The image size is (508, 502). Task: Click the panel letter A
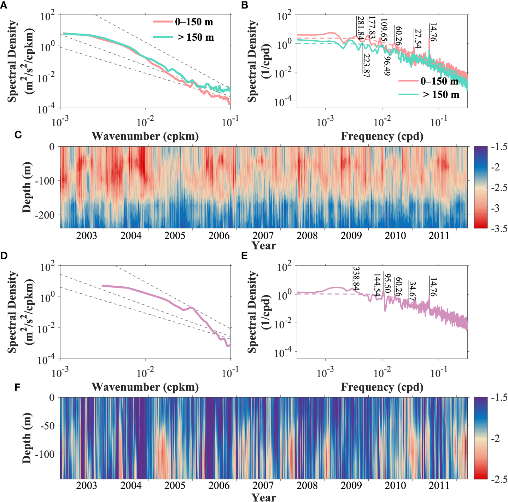point(4,5)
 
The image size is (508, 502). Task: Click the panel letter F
point(17,387)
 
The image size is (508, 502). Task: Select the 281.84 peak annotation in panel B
point(361,28)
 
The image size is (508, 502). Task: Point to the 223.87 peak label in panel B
point(366,65)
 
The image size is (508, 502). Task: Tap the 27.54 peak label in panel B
point(418,39)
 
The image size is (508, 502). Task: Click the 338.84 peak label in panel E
point(356,279)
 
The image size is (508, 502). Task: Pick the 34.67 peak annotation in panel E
point(412,291)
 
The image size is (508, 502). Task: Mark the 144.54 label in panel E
point(377,285)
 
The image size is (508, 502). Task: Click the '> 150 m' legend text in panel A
point(195,37)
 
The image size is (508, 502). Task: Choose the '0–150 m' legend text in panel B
point(439,81)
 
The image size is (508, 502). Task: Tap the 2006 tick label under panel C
point(219,236)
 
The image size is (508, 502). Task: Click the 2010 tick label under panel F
point(395,485)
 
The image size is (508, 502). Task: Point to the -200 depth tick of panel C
point(45,215)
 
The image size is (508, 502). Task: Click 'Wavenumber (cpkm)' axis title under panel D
point(145,387)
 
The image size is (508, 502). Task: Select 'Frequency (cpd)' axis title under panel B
point(382,136)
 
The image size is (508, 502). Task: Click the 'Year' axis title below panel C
point(264,245)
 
